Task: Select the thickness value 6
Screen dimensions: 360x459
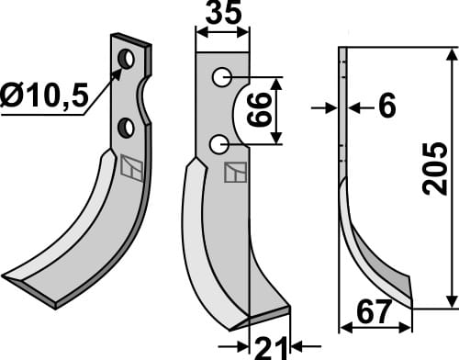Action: (x=386, y=108)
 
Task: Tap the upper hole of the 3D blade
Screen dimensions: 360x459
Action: (x=127, y=60)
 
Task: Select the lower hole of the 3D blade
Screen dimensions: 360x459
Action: (x=127, y=126)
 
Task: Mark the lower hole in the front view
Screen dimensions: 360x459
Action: (x=218, y=143)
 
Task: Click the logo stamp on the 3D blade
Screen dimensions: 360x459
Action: (x=132, y=168)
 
